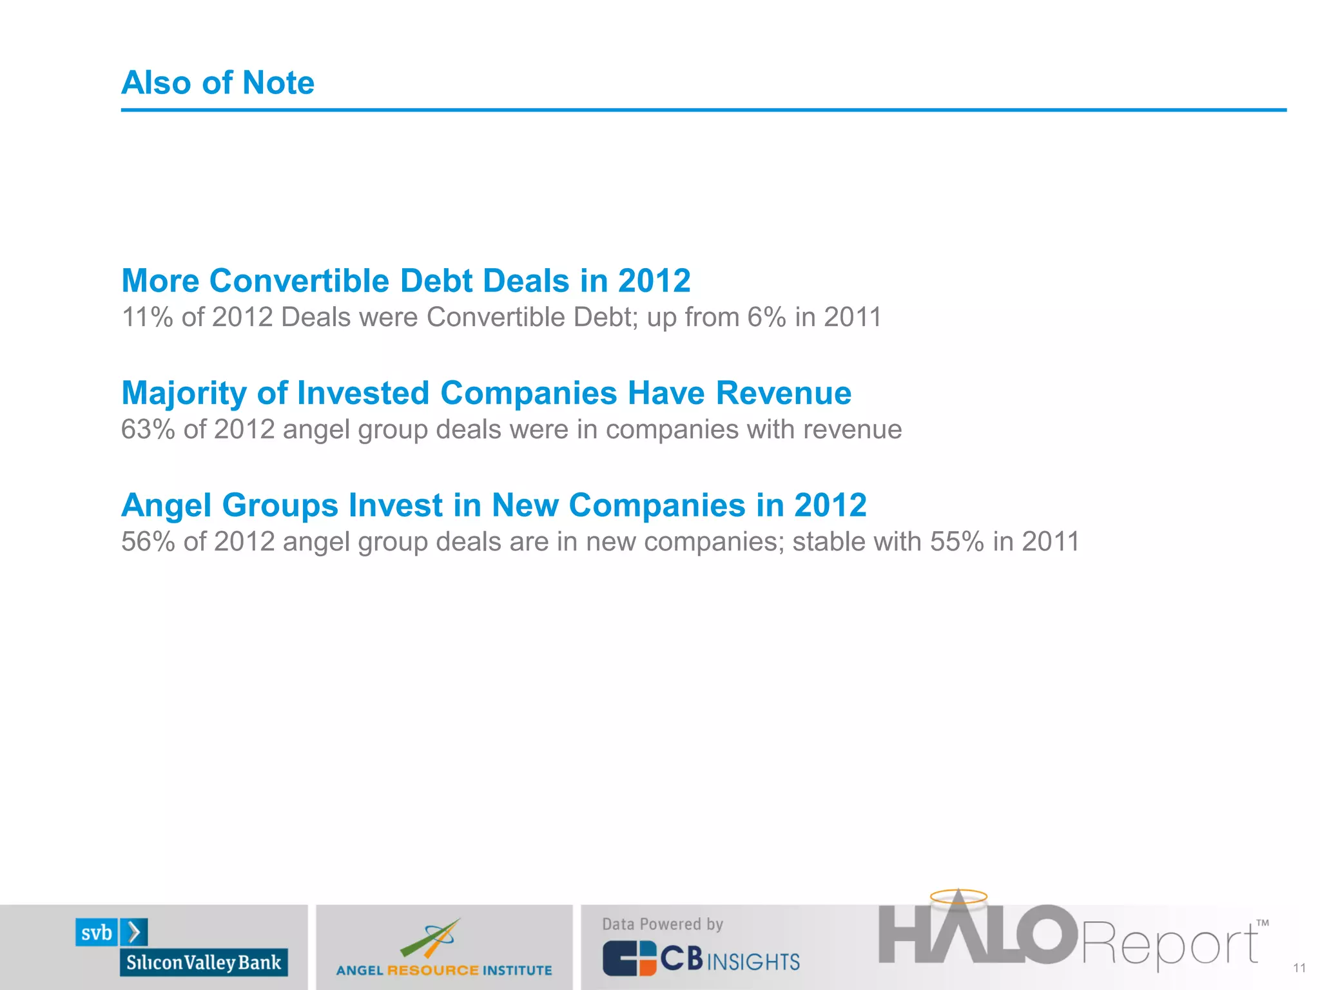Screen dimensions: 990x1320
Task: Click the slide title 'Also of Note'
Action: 218,82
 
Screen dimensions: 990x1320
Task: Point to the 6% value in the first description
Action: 766,317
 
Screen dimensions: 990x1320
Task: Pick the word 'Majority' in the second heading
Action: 184,393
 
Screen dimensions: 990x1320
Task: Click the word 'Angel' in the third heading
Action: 166,505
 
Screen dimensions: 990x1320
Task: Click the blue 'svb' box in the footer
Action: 97,933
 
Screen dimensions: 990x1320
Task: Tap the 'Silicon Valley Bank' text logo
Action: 204,962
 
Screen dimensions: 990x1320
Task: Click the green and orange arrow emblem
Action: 431,938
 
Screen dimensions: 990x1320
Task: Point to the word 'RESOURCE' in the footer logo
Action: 432,970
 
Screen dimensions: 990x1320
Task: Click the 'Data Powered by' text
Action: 663,924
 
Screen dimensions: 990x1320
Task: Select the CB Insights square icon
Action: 629,958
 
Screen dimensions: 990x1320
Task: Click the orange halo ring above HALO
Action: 958,896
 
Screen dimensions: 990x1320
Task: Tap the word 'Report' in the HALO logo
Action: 1170,945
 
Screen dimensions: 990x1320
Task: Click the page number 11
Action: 1299,968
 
